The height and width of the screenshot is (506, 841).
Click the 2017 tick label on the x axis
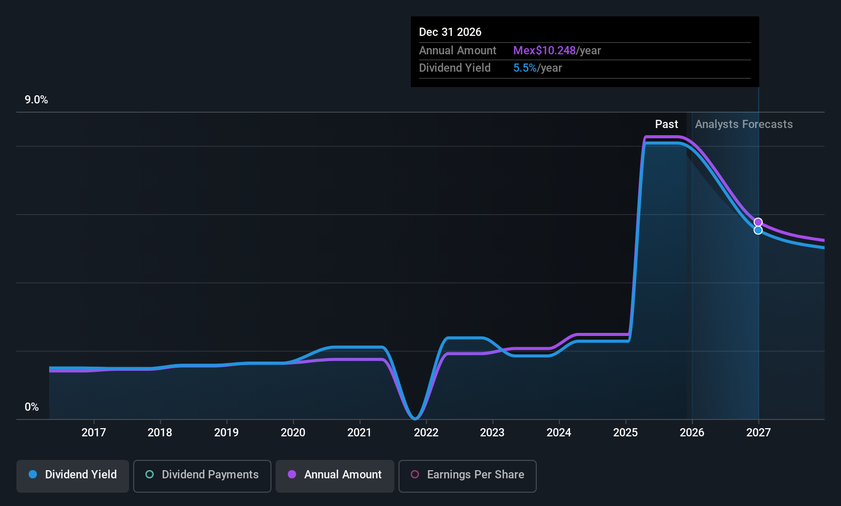94,432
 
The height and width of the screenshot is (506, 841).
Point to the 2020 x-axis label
293,432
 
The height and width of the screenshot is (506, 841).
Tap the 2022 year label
426,432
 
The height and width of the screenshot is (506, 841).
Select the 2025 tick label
625,432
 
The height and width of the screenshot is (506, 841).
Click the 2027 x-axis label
759,432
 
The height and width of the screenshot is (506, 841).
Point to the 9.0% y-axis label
36,100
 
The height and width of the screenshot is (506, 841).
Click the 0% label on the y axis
32,407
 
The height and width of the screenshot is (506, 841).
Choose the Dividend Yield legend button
73,475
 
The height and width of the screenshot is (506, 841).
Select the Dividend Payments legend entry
202,475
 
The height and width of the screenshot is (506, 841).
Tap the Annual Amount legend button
335,475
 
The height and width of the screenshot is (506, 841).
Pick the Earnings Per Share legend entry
468,475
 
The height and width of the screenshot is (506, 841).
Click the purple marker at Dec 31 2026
758,222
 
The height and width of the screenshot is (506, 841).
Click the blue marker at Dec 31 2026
758,230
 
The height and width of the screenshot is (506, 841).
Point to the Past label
666,124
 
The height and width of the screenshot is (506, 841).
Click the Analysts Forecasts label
744,124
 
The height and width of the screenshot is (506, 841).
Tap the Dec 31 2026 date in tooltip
450,32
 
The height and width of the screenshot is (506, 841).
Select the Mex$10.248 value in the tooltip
544,51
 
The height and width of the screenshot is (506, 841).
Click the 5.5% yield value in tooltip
525,68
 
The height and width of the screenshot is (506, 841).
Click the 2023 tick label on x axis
492,432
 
